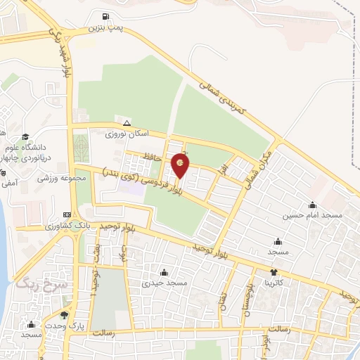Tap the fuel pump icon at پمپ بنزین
coord(105,17)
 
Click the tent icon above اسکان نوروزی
coord(127,122)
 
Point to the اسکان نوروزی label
coord(124,133)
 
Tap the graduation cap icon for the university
coord(25,137)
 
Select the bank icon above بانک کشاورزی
coord(67,214)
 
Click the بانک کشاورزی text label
coord(65,226)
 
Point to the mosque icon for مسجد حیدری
coord(164,273)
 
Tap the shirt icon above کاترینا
coord(274,272)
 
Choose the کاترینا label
coord(273,283)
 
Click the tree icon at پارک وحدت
coord(65,316)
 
